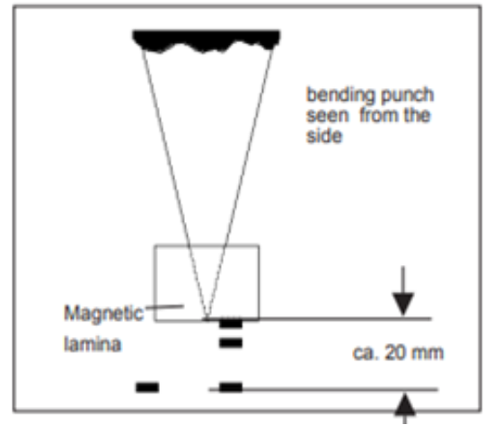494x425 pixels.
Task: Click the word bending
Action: (x=340, y=95)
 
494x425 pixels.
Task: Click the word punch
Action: (x=407, y=95)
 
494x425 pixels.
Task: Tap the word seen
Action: (x=328, y=115)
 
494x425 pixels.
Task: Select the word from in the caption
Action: (x=380, y=115)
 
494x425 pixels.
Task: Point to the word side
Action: (x=324, y=137)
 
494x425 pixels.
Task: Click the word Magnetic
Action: (x=103, y=314)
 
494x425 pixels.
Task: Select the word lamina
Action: (x=93, y=343)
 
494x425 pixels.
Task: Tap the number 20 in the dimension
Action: (x=395, y=352)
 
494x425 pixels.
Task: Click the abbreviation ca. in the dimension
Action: (x=366, y=353)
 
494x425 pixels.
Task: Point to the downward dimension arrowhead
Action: (x=403, y=304)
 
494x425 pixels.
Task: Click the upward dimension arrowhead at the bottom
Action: (x=405, y=404)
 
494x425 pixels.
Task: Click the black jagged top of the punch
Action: (x=207, y=40)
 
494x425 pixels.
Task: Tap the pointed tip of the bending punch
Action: (x=207, y=318)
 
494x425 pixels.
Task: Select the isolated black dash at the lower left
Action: (x=147, y=387)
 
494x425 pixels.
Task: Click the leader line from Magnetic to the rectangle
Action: (x=164, y=306)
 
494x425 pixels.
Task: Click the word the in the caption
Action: (x=417, y=115)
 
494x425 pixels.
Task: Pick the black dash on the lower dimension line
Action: (x=231, y=387)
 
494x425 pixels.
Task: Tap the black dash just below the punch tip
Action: (x=231, y=323)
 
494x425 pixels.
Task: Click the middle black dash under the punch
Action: (x=231, y=342)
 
